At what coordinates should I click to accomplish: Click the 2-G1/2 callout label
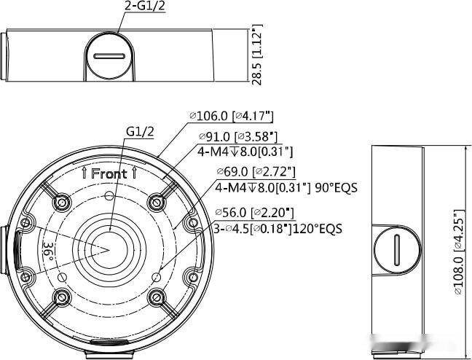(x=145, y=6)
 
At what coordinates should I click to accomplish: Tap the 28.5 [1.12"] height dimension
(x=257, y=55)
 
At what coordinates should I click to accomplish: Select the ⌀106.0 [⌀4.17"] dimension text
(x=231, y=116)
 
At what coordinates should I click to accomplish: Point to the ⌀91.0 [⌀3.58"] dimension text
(x=237, y=136)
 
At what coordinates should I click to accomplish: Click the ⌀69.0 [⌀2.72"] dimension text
(x=256, y=172)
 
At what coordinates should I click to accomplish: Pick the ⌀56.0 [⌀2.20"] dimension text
(x=254, y=213)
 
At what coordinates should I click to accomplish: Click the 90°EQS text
(x=336, y=188)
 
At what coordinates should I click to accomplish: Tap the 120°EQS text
(x=317, y=229)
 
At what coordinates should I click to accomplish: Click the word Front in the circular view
(x=109, y=174)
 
